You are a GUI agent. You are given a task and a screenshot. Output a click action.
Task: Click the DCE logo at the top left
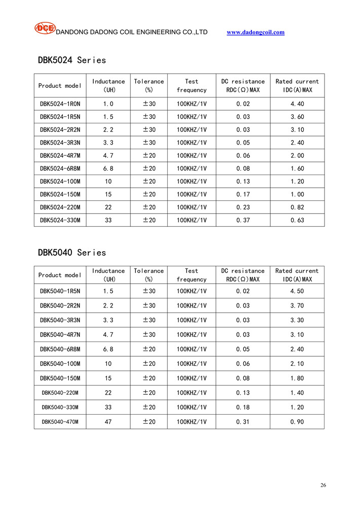coord(45,28)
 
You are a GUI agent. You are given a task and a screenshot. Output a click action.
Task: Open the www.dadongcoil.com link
coord(256,32)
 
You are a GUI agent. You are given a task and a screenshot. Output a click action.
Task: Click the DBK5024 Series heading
coord(72,60)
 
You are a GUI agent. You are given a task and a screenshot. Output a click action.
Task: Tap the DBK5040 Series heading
coord(72,253)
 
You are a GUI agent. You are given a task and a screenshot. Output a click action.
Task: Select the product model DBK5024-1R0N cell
coord(60,104)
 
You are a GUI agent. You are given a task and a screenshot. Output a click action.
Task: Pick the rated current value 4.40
coord(297,104)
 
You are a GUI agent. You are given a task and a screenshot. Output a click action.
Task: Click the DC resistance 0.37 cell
coord(243,220)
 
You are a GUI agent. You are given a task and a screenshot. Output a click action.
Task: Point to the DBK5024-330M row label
coord(60,220)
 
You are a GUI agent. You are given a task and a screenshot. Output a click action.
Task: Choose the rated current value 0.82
coord(297,207)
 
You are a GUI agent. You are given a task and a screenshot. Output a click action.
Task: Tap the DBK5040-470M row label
coord(60,422)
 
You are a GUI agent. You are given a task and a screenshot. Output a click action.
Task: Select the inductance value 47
coord(107,422)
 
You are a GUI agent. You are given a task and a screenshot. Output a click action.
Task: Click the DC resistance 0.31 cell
coord(243,422)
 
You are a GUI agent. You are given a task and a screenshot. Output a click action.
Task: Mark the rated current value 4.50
coord(297,291)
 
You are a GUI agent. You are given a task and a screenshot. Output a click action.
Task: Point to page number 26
coord(323,485)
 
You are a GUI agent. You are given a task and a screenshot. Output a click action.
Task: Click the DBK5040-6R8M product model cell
coord(60,349)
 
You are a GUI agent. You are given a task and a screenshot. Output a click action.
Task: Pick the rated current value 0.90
coord(297,422)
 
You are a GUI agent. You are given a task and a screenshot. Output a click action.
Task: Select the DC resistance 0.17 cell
coord(243,194)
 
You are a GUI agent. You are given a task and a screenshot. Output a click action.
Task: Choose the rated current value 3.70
coord(297,305)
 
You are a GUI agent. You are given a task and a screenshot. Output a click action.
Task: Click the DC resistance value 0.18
coord(243,407)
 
